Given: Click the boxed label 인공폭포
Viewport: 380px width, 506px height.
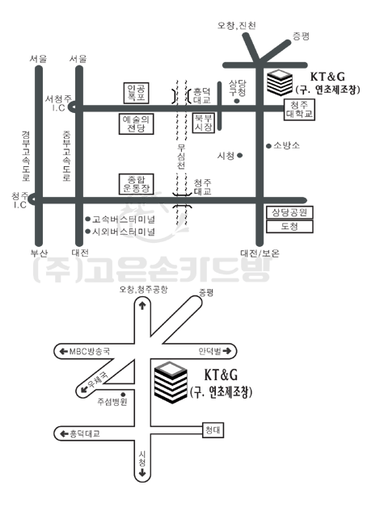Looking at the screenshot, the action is [x=136, y=93].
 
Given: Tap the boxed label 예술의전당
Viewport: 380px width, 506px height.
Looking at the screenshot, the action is [x=136, y=123].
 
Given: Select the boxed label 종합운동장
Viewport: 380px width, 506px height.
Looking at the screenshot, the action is [x=136, y=184].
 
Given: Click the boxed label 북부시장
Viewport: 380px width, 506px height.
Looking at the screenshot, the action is [x=204, y=123].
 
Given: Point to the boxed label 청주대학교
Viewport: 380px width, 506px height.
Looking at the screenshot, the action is [x=299, y=110].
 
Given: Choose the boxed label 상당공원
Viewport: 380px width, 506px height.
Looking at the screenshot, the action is [x=289, y=213].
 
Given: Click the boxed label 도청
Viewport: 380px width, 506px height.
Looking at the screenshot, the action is [x=289, y=227].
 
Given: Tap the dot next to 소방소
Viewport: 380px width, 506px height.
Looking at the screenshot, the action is [x=268, y=146].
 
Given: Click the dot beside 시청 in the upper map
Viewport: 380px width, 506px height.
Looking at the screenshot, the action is [x=239, y=156].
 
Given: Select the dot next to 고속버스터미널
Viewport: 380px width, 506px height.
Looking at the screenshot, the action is [x=87, y=220].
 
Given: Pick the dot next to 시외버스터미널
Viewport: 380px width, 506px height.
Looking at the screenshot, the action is [x=87, y=232].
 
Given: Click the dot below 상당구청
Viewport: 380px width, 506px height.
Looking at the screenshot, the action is [x=236, y=101].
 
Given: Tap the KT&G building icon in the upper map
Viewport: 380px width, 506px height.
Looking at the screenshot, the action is [x=280, y=82].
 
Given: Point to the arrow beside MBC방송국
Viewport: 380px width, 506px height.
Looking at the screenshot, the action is [x=64, y=351].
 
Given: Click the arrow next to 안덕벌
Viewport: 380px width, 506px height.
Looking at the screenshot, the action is [x=227, y=351].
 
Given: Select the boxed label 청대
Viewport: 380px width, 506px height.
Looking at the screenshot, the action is [x=213, y=430].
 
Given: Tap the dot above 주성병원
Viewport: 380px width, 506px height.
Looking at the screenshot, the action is [x=123, y=395].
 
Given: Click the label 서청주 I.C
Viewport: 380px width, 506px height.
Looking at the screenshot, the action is [x=58, y=103].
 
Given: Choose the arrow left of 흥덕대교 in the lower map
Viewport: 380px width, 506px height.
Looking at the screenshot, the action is [x=64, y=434].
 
